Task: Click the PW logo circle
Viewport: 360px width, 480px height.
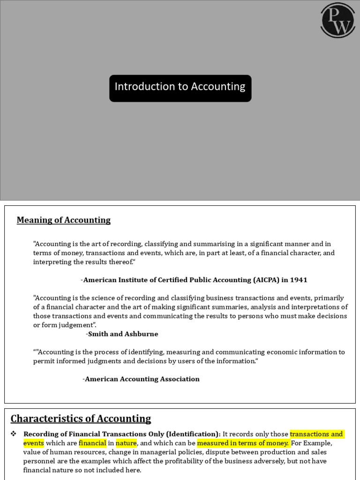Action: pos(337,20)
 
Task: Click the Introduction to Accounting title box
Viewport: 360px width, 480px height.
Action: pos(180,88)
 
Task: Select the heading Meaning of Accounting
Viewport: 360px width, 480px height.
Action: pos(64,220)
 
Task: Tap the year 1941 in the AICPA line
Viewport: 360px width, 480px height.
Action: pos(298,280)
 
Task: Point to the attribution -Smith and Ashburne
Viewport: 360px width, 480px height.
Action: pos(122,334)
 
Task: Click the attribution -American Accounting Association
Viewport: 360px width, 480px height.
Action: pos(141,379)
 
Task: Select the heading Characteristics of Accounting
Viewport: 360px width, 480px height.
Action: pos(81,419)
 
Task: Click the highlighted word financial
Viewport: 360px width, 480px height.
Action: pos(92,443)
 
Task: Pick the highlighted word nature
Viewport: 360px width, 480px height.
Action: pos(126,443)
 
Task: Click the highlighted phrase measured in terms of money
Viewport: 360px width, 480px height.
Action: pos(243,443)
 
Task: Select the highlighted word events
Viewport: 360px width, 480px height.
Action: pos(34,443)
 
